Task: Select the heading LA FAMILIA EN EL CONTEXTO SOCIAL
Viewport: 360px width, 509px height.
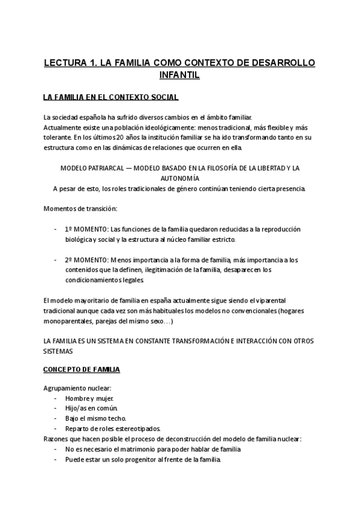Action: pos(110,97)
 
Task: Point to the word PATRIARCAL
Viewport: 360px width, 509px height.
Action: pos(106,167)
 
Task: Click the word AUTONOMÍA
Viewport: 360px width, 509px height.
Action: pos(180,178)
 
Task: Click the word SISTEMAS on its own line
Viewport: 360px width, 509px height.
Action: pos(58,351)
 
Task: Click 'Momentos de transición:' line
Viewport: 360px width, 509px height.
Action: pos(80,208)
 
